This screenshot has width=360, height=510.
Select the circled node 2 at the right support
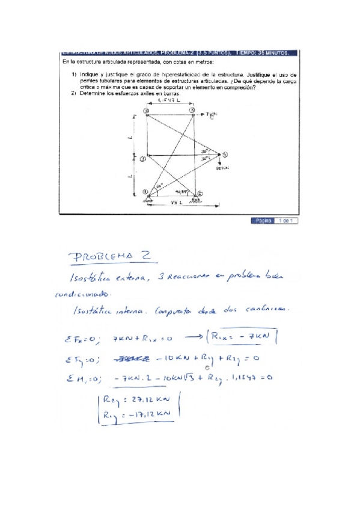coord(201,194)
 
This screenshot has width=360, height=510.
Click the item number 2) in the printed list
coord(73,93)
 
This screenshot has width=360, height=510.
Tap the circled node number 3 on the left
coord(142,159)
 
